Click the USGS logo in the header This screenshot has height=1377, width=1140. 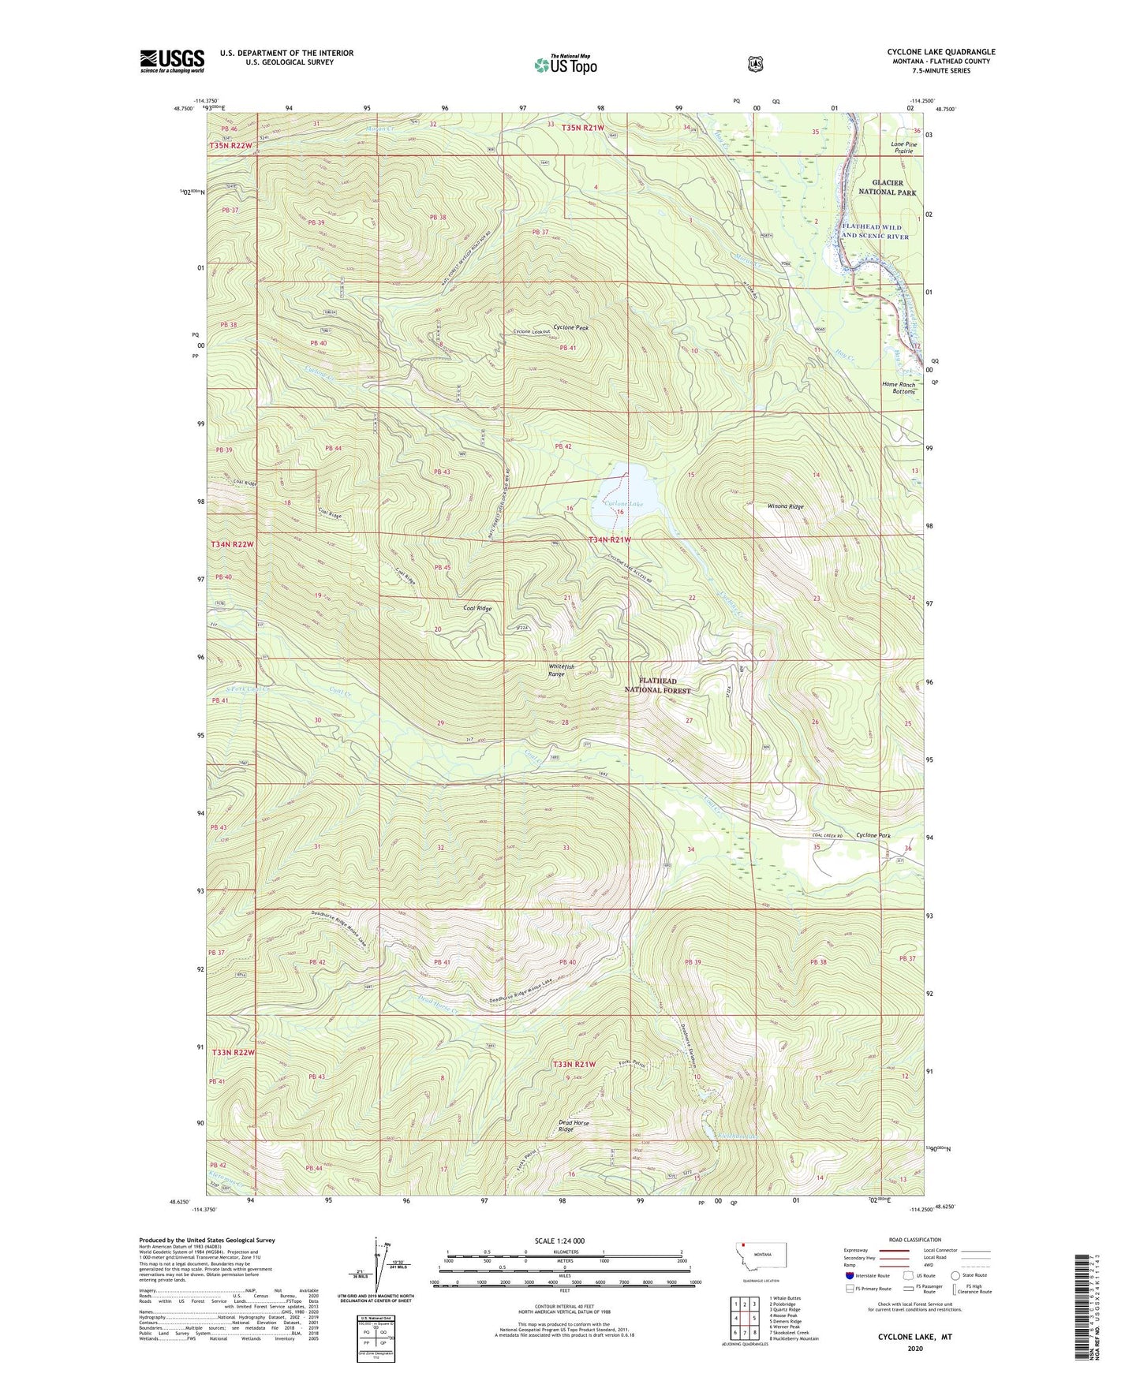point(172,61)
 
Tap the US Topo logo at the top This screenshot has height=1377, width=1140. point(565,65)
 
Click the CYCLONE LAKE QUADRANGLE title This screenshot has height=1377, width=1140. point(940,52)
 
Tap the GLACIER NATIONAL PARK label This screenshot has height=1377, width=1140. point(888,187)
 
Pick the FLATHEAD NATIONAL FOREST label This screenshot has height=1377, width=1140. point(657,685)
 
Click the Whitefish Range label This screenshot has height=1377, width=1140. point(561,670)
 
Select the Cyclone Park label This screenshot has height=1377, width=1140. point(873,835)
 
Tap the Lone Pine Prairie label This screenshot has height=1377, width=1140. point(903,147)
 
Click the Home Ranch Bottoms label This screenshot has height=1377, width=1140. point(898,388)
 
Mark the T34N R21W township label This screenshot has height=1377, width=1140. point(609,539)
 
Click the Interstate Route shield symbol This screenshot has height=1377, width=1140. point(849,1274)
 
